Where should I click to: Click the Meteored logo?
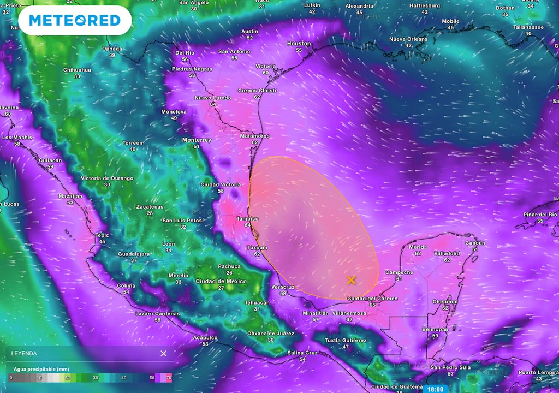click(74, 21)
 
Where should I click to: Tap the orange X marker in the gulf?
click(351, 280)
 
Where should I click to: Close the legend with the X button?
click(163, 353)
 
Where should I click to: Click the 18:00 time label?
click(435, 389)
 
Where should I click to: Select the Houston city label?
click(299, 44)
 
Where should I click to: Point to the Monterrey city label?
click(196, 140)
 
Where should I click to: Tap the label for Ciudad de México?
click(221, 281)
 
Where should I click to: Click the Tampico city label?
click(247, 218)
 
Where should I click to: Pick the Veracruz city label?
click(283, 287)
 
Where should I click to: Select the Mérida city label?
click(418, 247)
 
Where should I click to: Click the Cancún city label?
click(474, 243)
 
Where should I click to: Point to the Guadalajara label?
click(134, 254)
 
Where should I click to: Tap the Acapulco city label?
click(205, 337)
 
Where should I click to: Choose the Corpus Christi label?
click(257, 90)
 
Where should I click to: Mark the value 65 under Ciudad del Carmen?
click(372, 305)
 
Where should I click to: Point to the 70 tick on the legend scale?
click(169, 377)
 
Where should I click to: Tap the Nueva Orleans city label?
click(408, 39)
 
